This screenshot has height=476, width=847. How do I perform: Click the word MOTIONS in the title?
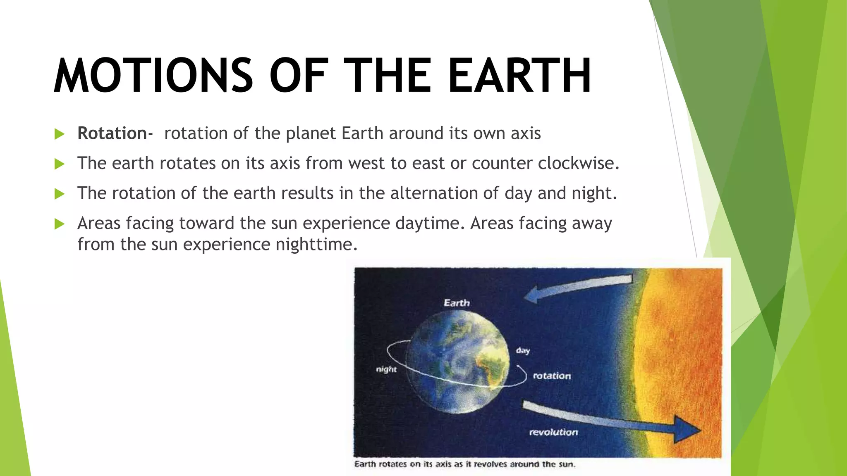pyautogui.click(x=153, y=76)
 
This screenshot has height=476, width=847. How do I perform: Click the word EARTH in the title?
pyautogui.click(x=519, y=76)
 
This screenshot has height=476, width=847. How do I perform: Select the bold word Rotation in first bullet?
pyautogui.click(x=112, y=133)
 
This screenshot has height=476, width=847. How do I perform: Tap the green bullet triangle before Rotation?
pyautogui.click(x=60, y=134)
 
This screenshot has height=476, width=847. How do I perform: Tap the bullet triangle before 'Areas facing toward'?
pyautogui.click(x=60, y=224)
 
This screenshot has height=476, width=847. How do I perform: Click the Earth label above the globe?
pyautogui.click(x=457, y=303)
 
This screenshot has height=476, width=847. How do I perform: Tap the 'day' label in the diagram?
pyautogui.click(x=523, y=351)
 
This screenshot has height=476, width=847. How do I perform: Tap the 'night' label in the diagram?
pyautogui.click(x=386, y=369)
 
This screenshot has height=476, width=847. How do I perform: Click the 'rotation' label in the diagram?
pyautogui.click(x=552, y=376)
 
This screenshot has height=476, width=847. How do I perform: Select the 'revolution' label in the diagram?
pyautogui.click(x=553, y=432)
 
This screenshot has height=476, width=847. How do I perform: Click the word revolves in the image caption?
pyautogui.click(x=490, y=464)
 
